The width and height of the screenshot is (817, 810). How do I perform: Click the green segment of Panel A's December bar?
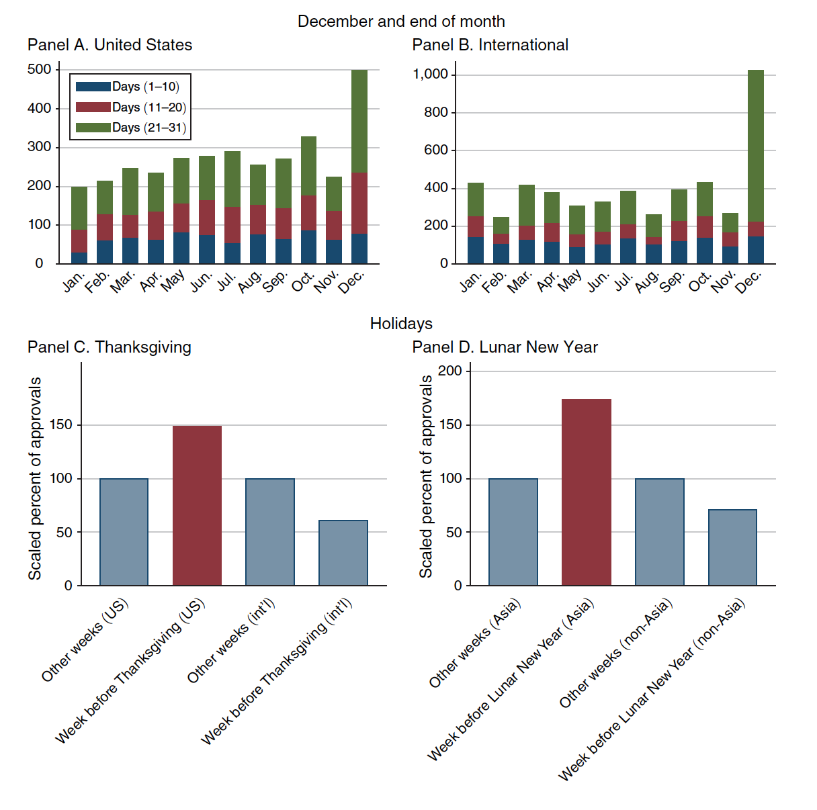click(359, 121)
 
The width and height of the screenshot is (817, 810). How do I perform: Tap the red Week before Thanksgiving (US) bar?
click(197, 505)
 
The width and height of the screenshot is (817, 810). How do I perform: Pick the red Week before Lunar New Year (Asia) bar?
click(587, 492)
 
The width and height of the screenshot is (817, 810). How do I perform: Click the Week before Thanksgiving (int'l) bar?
click(343, 553)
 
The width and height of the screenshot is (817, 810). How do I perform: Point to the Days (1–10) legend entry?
click(128, 87)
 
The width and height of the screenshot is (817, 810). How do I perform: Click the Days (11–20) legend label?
click(149, 107)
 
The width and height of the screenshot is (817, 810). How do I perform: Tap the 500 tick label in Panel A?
click(39, 69)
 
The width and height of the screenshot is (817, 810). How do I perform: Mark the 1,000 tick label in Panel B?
click(430, 74)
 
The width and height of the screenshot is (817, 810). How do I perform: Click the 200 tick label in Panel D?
click(449, 371)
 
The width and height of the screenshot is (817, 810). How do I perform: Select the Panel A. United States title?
click(110, 45)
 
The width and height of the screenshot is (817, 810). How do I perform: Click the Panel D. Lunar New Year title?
click(505, 347)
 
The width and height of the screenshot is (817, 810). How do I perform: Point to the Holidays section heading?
click(401, 324)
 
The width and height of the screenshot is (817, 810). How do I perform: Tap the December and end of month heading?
click(401, 21)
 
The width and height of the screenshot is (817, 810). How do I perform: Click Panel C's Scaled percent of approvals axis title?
click(35, 478)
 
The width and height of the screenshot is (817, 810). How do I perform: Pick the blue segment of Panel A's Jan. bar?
click(79, 258)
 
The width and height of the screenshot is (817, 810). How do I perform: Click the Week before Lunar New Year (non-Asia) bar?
click(732, 547)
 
